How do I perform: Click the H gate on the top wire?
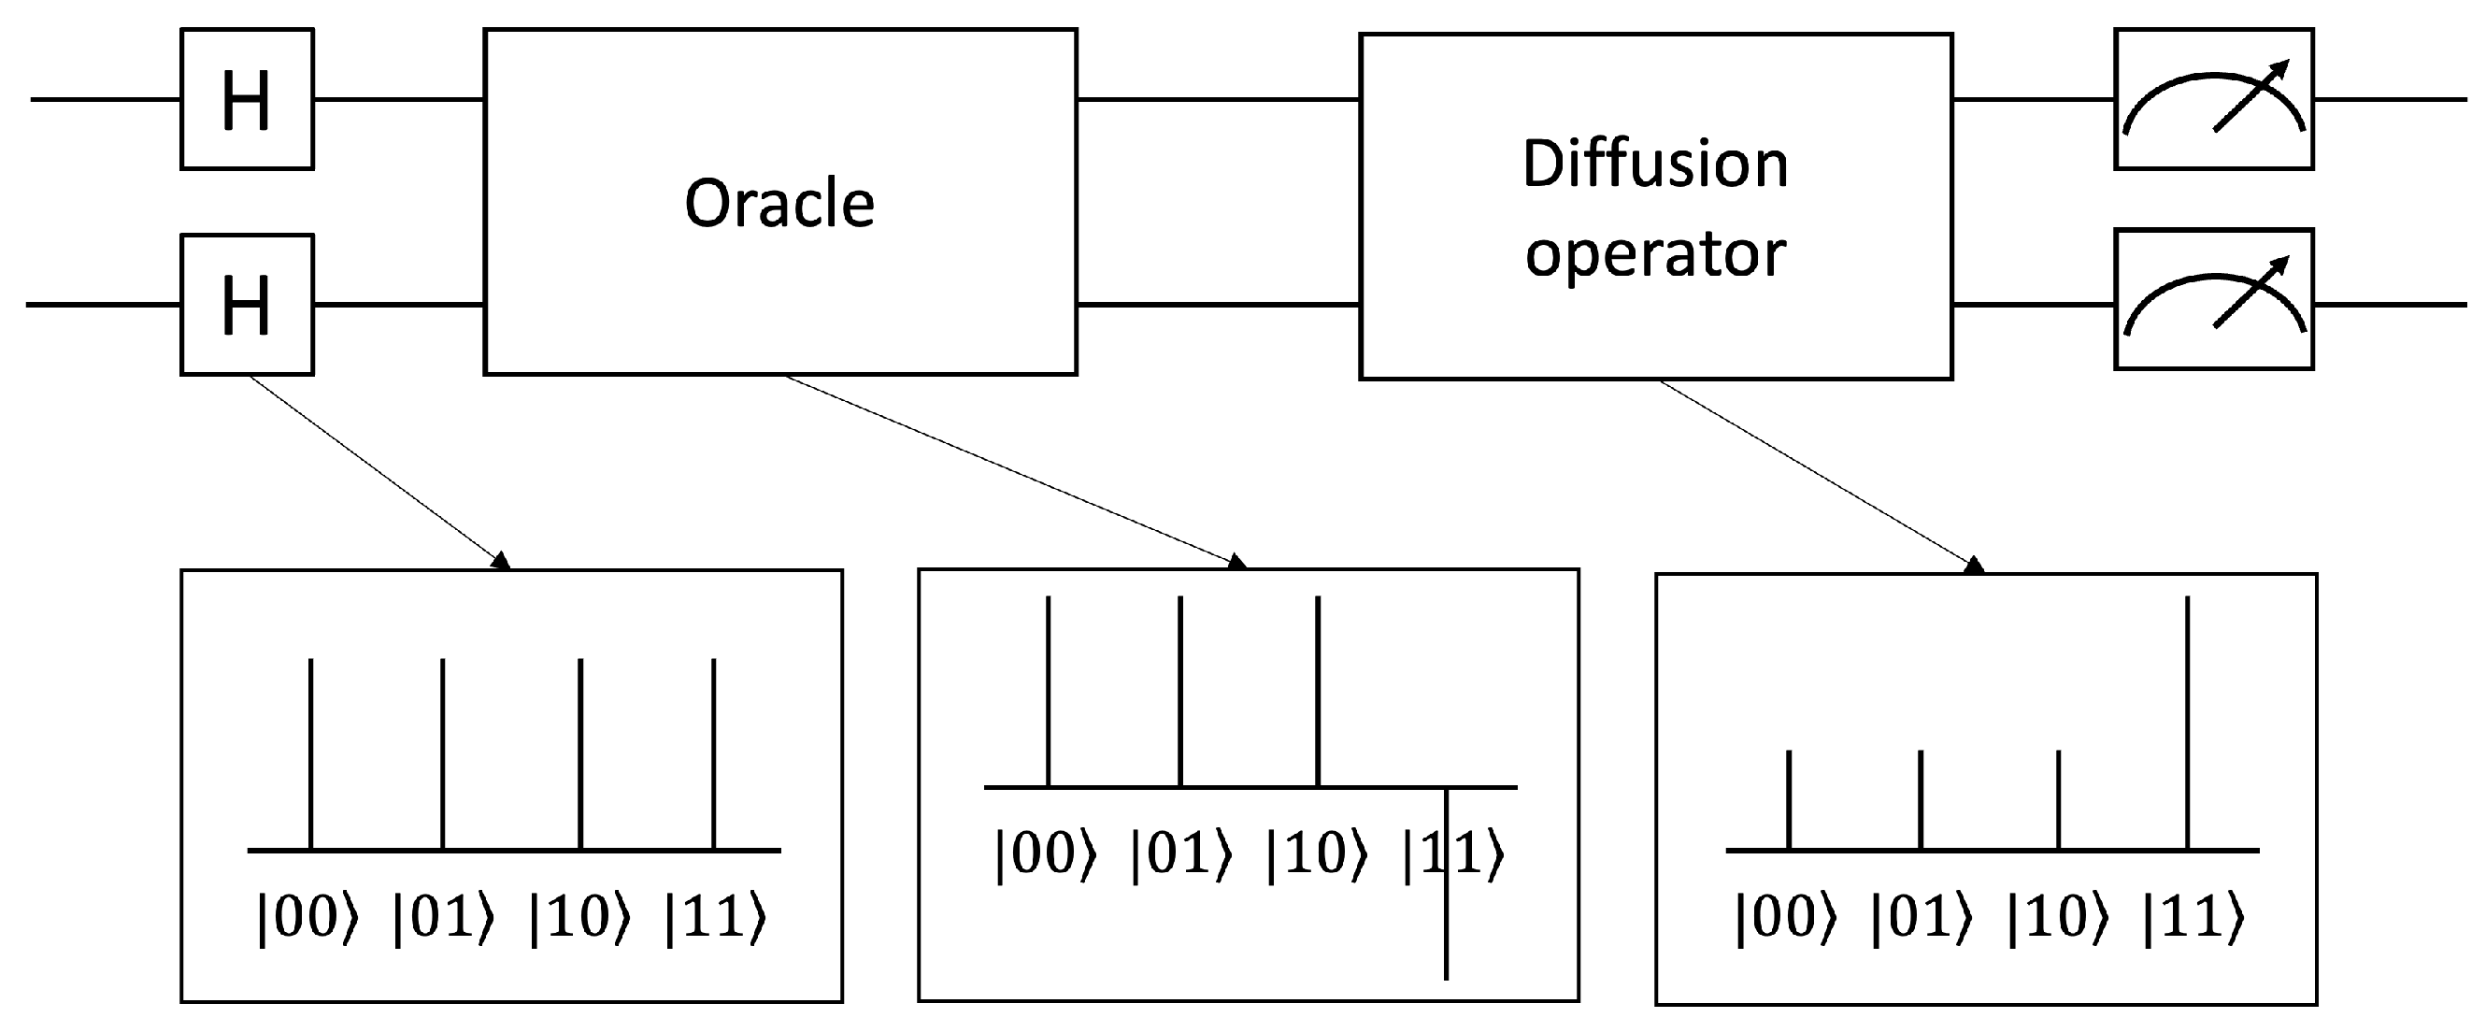point(247,99)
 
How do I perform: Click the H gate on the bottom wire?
point(247,304)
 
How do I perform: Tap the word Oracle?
point(779,204)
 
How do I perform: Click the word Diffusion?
point(1654,164)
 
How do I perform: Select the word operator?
point(1654,254)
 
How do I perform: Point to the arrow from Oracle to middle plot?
point(1013,469)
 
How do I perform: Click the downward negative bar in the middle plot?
point(1446,897)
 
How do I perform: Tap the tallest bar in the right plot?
point(2187,724)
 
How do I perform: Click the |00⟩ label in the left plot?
point(307,917)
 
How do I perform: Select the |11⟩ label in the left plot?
point(715,917)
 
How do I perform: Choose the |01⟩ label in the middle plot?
point(1180,854)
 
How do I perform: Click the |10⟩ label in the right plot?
point(2058,917)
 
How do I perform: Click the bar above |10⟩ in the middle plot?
point(1318,691)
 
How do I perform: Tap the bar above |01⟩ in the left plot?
point(442,753)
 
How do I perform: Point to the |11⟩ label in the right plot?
point(2193,917)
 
